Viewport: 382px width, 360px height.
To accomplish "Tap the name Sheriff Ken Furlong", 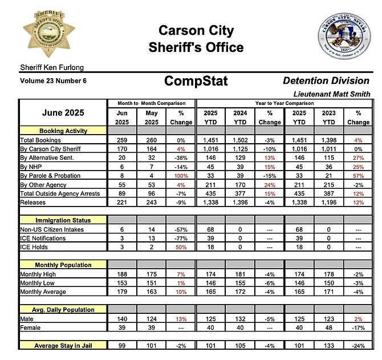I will pos(47,68).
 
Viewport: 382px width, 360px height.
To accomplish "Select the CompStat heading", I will pos(196,81).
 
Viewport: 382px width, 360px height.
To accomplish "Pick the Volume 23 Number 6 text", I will pos(53,81).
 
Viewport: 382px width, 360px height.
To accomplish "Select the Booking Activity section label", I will pos(63,131).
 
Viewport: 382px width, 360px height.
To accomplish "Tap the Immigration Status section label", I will pos(63,220).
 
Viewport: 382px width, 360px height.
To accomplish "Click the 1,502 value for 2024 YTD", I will pos(240,140).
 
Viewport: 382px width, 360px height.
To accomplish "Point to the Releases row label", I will pos(33,202).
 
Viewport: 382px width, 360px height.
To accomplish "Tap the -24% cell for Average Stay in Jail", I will pos(358,346).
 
